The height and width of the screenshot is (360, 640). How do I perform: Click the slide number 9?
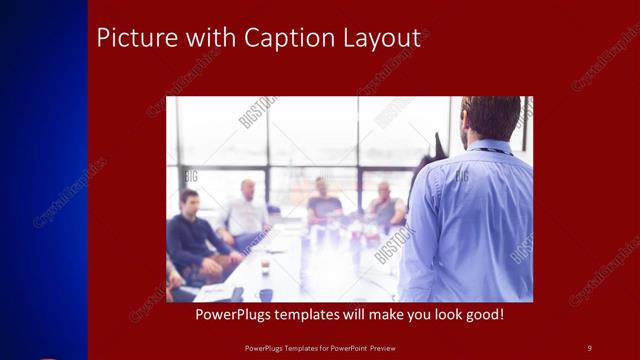(x=589, y=347)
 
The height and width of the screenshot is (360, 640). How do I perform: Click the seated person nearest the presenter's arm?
(x=386, y=205)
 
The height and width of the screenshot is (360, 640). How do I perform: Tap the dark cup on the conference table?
(x=266, y=294)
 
